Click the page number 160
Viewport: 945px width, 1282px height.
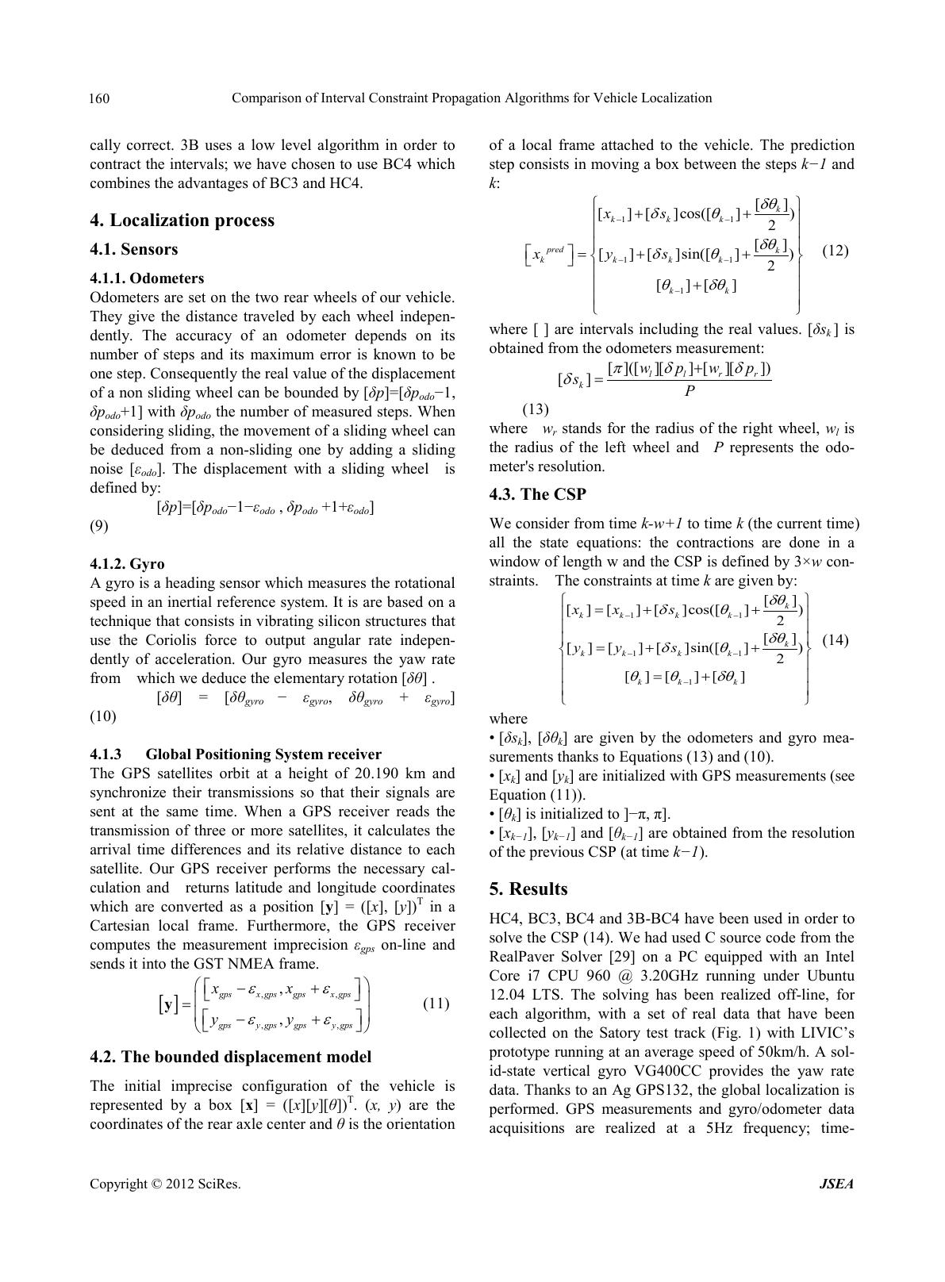[x=99, y=99]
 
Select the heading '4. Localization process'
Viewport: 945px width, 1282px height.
[x=182, y=221]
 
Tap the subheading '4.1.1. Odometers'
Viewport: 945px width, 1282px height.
[x=147, y=278]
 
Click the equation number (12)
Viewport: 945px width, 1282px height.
[x=835, y=251]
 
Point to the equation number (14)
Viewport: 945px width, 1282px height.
[x=835, y=639]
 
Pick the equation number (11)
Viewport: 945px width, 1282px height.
[x=436, y=1004]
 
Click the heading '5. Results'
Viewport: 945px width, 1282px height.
[x=528, y=889]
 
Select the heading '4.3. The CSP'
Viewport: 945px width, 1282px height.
[x=538, y=494]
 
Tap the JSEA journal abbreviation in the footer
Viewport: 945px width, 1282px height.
[x=836, y=1184]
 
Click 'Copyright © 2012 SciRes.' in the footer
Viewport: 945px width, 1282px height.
[x=165, y=1184]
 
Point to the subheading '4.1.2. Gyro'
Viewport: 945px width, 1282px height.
[x=127, y=564]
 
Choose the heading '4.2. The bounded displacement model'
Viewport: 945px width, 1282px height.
[x=231, y=1057]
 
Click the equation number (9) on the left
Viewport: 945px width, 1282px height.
[x=99, y=526]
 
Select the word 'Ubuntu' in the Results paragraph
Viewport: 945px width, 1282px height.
[x=831, y=976]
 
